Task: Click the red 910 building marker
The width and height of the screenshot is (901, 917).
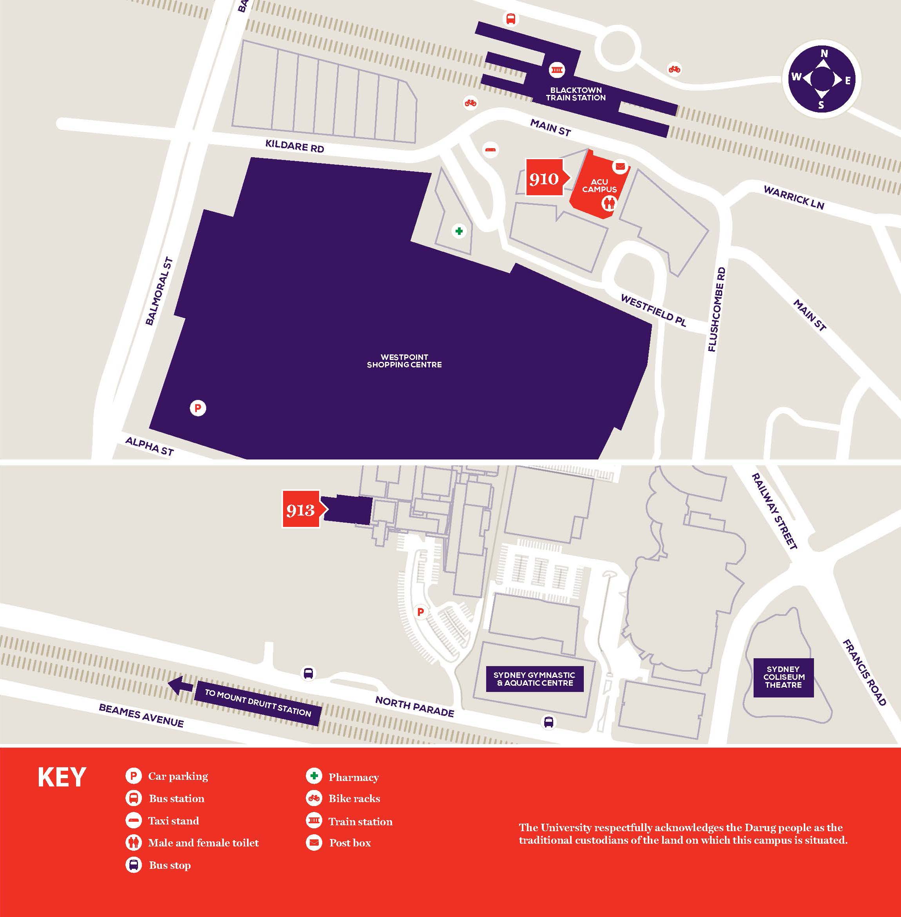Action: (x=544, y=178)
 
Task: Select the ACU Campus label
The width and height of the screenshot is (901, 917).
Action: (x=599, y=185)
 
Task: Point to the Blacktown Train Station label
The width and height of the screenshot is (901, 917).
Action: (x=576, y=94)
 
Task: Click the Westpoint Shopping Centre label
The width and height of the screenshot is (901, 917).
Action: (x=404, y=361)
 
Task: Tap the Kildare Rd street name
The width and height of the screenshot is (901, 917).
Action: (x=294, y=146)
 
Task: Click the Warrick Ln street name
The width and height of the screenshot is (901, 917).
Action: (x=794, y=197)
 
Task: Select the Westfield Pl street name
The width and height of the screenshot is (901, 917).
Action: (x=653, y=310)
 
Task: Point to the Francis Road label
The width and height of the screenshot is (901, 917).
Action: (x=864, y=672)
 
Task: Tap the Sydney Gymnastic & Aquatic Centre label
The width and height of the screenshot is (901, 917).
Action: (x=535, y=679)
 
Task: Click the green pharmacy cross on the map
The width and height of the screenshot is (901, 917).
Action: (x=459, y=231)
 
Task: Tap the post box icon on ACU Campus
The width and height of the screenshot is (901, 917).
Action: (x=619, y=167)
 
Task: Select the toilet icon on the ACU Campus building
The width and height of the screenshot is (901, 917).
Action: (x=609, y=204)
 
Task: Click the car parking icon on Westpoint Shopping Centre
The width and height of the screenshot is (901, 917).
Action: (x=198, y=408)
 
